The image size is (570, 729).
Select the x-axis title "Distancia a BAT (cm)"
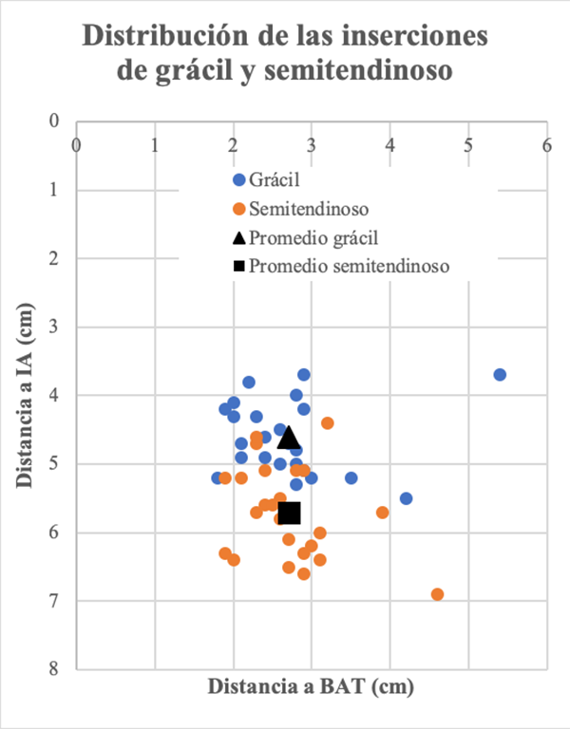[312, 686]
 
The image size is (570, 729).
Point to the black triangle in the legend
[239, 236]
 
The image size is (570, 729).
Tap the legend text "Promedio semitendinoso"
[351, 266]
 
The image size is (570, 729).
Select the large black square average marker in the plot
[289, 513]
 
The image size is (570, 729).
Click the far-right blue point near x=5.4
[500, 375]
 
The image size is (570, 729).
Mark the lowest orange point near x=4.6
[437, 594]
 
